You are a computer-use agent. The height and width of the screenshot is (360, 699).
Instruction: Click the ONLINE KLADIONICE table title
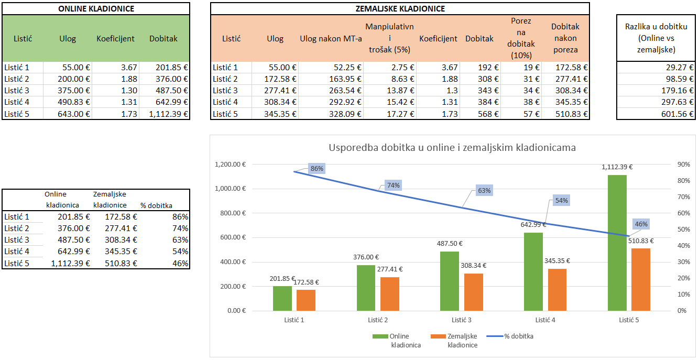click(x=96, y=9)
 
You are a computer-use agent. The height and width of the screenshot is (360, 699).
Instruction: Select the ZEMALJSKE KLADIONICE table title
click(x=400, y=9)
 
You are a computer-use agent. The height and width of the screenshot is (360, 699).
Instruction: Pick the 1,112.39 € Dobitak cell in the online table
click(x=165, y=114)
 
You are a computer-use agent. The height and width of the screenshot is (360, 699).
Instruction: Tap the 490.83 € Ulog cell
click(x=69, y=102)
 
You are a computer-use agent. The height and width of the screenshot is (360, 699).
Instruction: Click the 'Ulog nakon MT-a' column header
click(x=331, y=39)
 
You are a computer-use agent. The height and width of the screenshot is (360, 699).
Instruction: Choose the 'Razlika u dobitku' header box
click(x=656, y=38)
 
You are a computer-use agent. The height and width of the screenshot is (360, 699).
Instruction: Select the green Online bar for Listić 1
click(x=282, y=298)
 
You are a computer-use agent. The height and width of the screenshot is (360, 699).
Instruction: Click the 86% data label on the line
click(x=317, y=168)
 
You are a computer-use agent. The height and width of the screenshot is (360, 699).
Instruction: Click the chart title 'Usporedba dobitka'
click(x=452, y=148)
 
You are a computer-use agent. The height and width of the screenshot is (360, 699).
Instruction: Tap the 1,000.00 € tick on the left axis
click(x=230, y=189)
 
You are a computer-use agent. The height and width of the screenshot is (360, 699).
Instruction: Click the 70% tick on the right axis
click(x=683, y=197)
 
